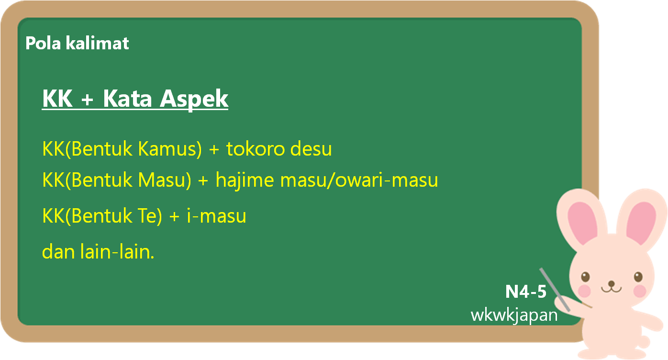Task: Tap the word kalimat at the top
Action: [97, 43]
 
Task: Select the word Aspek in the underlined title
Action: [194, 99]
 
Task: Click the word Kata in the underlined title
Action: [127, 99]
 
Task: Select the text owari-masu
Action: [387, 180]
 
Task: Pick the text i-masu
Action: [216, 215]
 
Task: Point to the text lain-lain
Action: [117, 251]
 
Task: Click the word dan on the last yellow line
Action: [58, 251]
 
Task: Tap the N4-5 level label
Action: [526, 291]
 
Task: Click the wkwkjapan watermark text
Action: [514, 315]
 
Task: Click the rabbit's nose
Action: [612, 283]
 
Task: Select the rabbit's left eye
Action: [585, 277]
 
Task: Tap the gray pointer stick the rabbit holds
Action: [555, 289]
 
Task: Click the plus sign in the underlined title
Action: [88, 99]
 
